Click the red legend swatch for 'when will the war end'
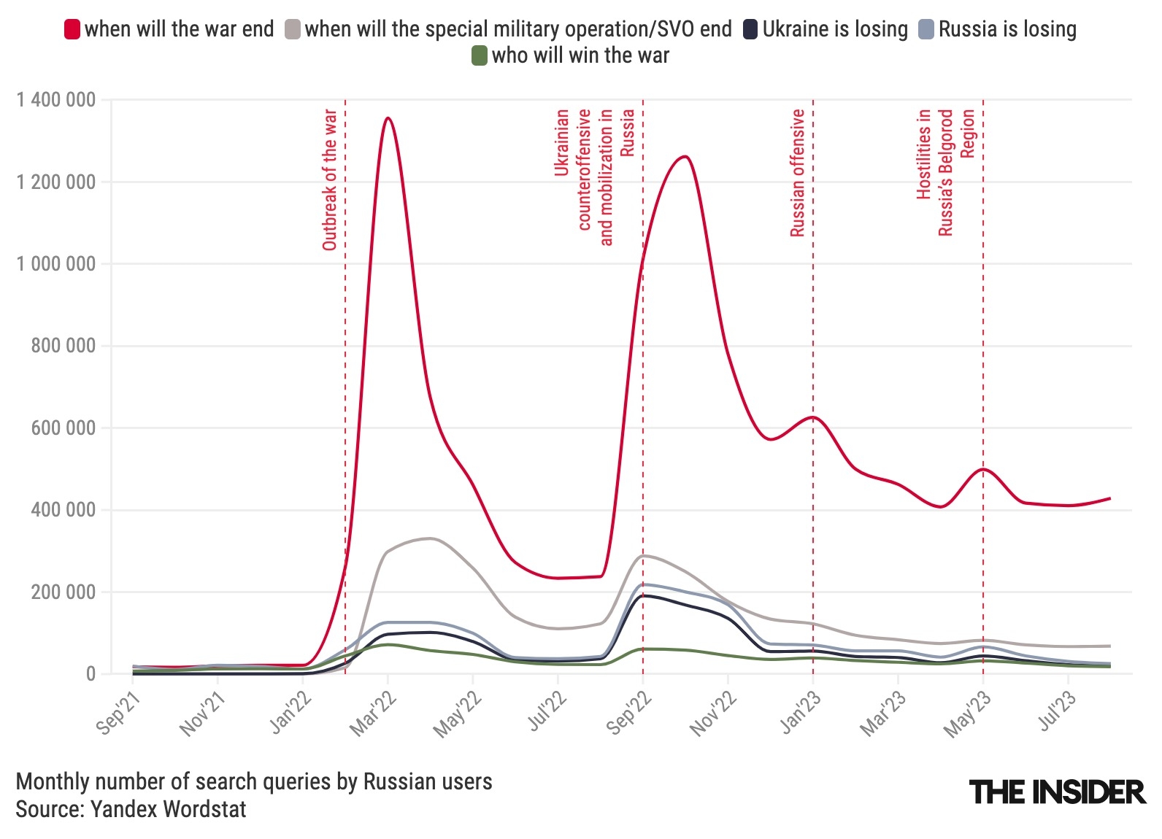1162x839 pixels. [x=72, y=29]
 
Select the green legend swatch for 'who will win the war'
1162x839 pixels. [x=479, y=55]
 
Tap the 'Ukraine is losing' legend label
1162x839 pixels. [x=835, y=29]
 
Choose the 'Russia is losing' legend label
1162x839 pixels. [x=1007, y=29]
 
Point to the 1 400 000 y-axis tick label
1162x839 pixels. [x=56, y=100]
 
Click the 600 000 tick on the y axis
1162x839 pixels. [x=64, y=428]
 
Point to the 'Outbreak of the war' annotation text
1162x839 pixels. [x=330, y=179]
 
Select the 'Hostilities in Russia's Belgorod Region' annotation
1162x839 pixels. [x=945, y=173]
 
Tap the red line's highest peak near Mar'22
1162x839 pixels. [x=388, y=118]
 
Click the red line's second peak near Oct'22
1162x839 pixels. [x=685, y=156]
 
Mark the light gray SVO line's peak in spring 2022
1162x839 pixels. [x=429, y=538]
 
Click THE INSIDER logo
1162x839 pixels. [x=1057, y=792]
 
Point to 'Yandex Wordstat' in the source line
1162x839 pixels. [x=169, y=809]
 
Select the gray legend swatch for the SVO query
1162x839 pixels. [x=293, y=29]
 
